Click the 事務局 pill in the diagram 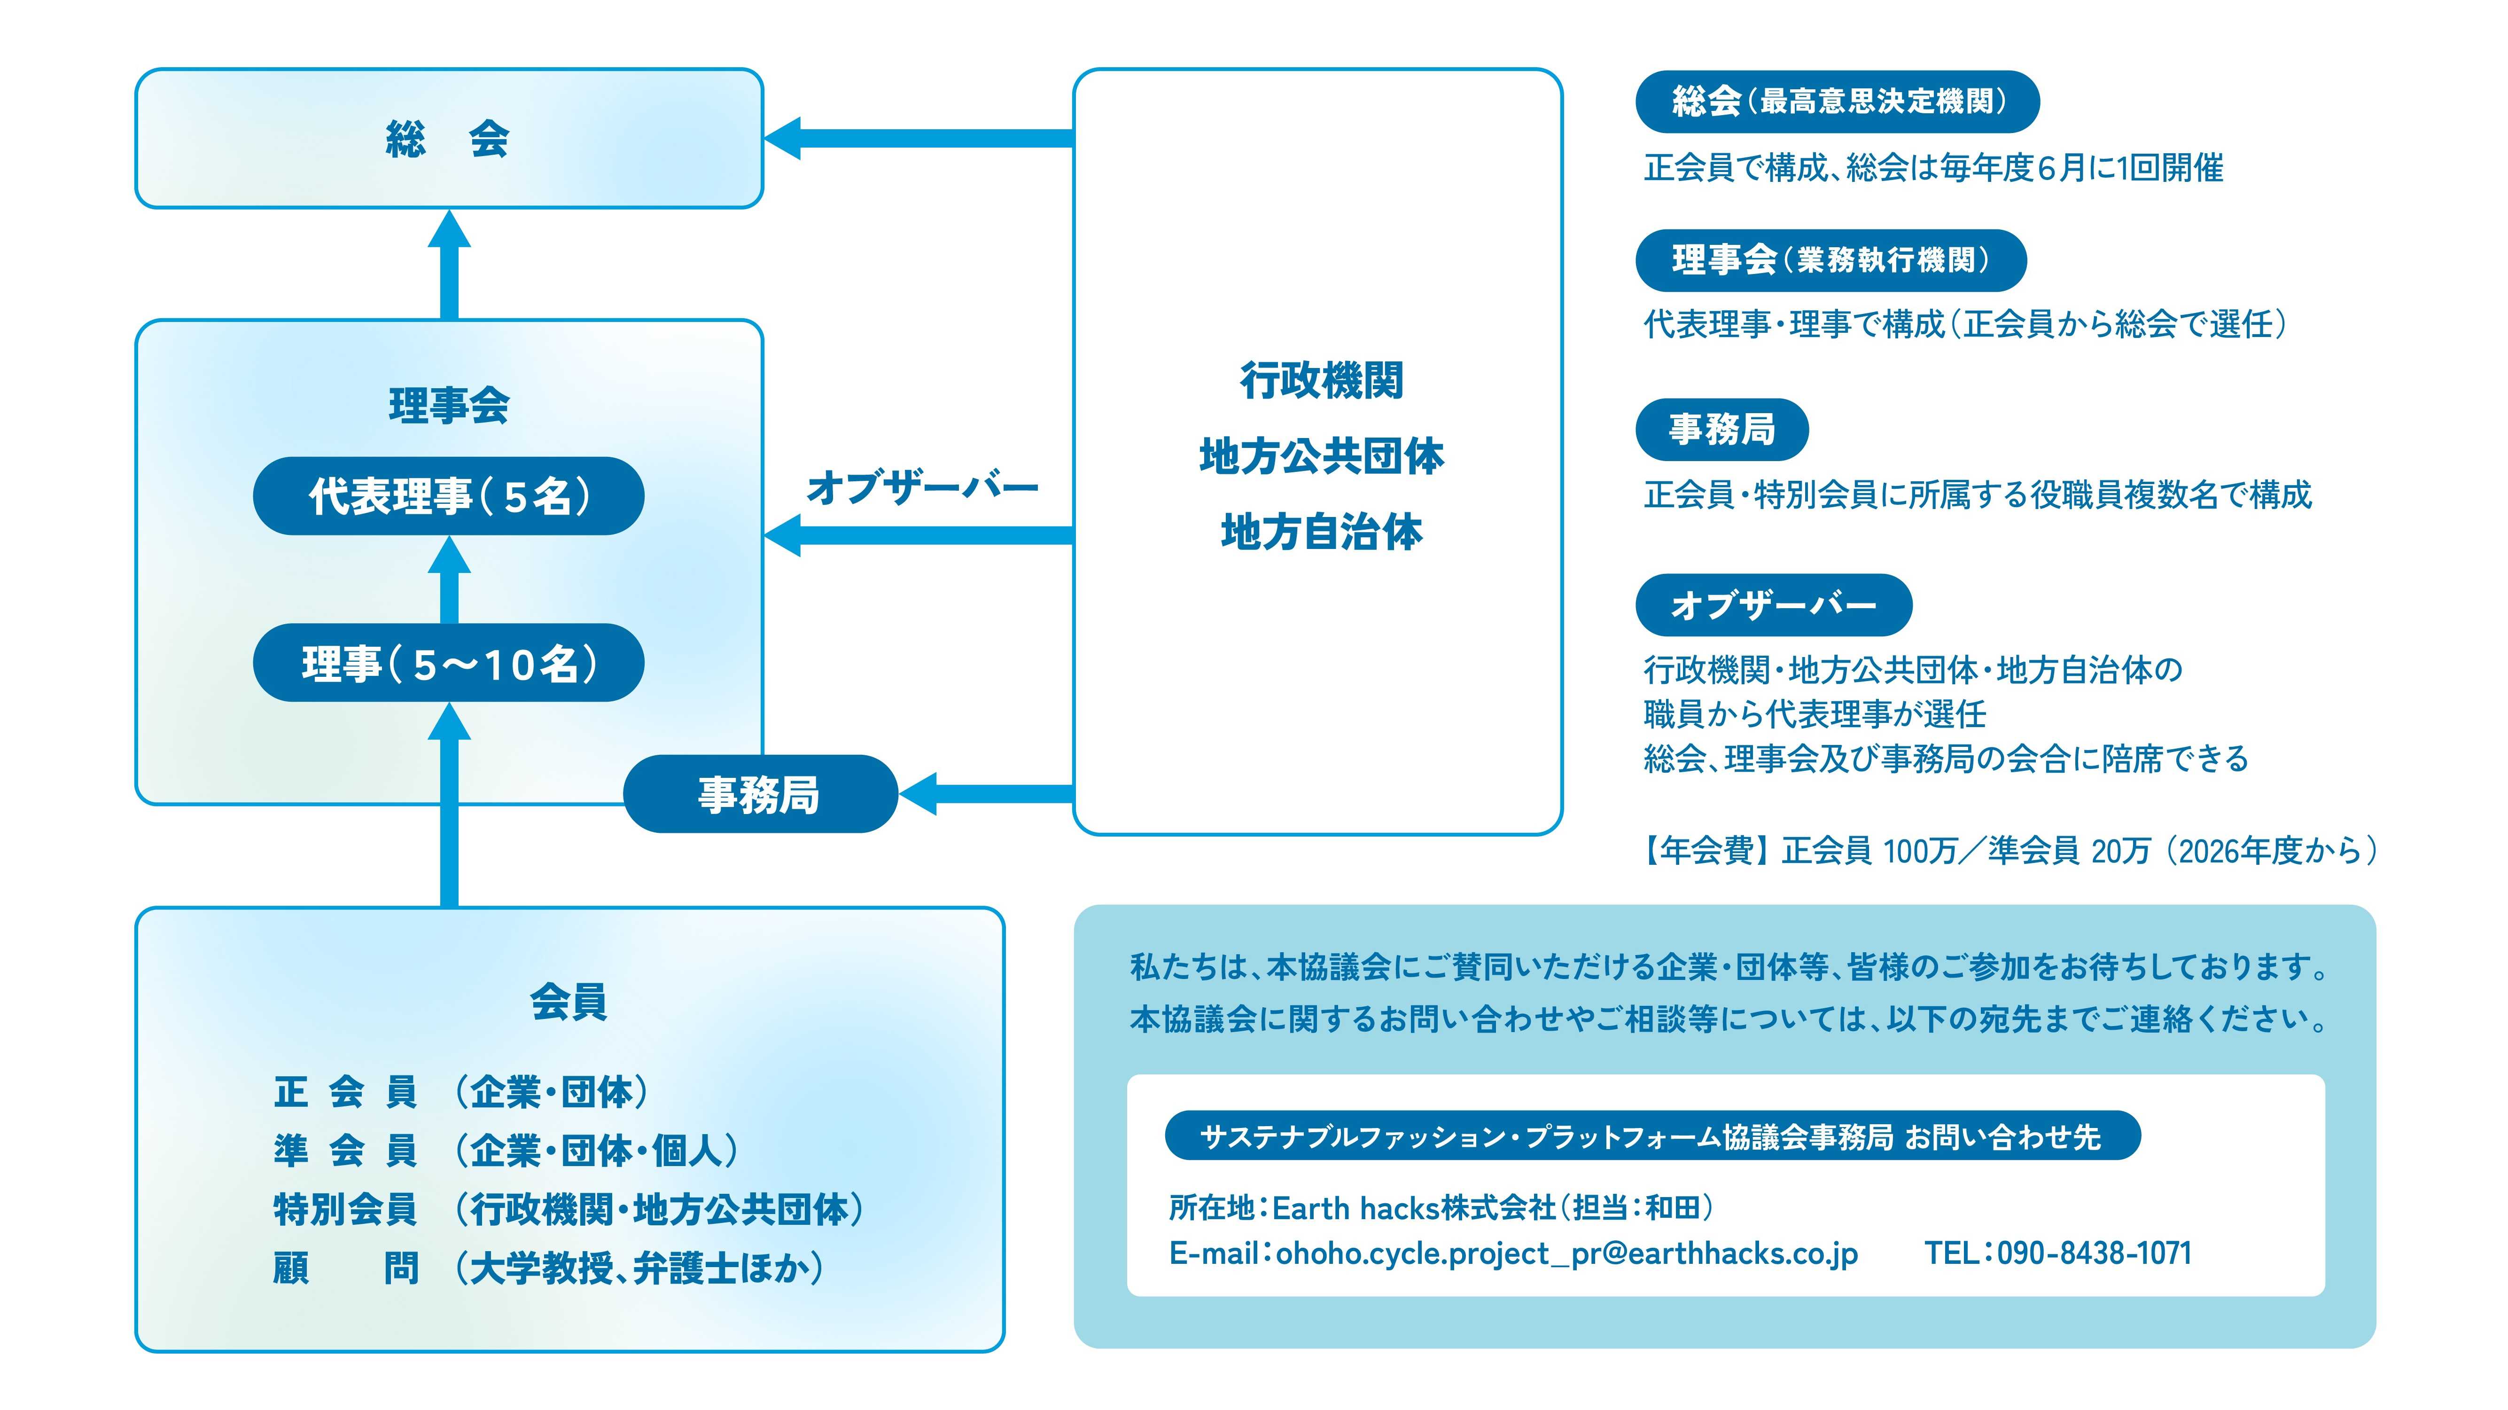tap(759, 794)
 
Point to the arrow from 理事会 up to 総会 tap(449, 265)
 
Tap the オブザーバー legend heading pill tap(1773, 605)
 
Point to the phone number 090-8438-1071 tap(2093, 1253)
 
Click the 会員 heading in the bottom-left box tap(569, 1001)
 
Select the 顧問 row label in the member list tap(346, 1268)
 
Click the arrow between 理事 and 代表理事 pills tap(449, 580)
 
